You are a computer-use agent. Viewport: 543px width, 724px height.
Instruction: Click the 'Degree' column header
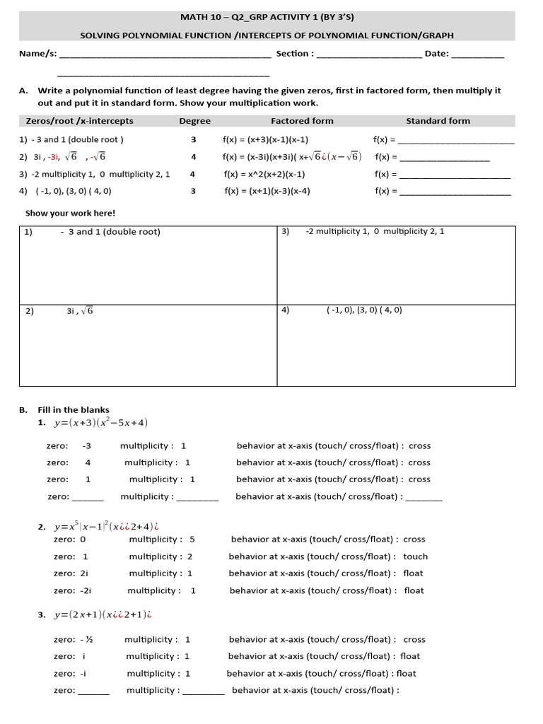point(194,121)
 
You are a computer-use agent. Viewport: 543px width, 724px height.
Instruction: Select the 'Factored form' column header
point(302,121)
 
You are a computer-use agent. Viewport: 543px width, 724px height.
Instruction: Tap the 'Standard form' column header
point(438,121)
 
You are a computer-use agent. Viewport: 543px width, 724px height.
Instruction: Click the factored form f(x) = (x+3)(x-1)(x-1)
point(265,140)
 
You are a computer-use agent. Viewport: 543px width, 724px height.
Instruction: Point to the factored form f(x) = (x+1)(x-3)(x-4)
point(267,191)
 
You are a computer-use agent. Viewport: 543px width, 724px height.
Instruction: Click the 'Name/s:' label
point(37,54)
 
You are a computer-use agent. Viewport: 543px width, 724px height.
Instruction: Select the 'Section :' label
point(295,54)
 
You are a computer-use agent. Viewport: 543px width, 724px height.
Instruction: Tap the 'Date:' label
point(436,54)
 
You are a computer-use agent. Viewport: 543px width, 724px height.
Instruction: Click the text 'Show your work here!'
point(70,213)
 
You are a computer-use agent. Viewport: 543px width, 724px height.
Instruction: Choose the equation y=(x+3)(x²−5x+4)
point(100,424)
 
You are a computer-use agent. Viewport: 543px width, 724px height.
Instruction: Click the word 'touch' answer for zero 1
point(415,556)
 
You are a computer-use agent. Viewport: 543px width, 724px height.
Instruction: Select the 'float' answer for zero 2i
point(414,573)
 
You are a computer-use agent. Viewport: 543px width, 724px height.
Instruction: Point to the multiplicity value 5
point(192,539)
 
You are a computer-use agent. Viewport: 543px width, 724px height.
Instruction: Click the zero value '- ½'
point(87,639)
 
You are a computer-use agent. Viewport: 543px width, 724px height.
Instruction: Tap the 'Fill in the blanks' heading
point(74,409)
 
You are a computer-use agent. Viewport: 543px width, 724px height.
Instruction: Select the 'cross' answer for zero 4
point(419,462)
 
